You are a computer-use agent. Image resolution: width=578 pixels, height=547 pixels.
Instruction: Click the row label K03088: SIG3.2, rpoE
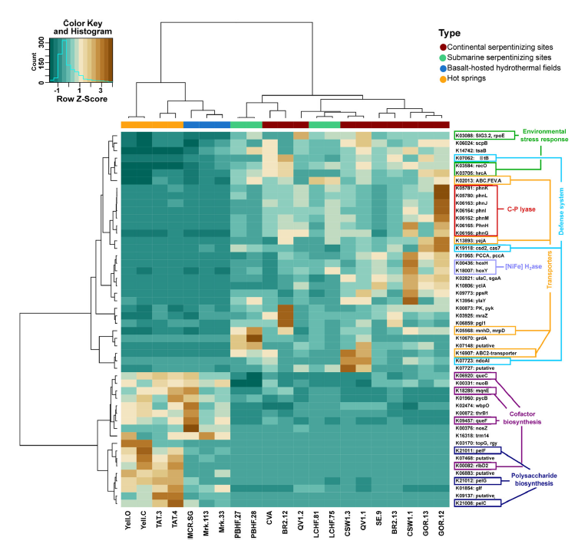482,134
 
